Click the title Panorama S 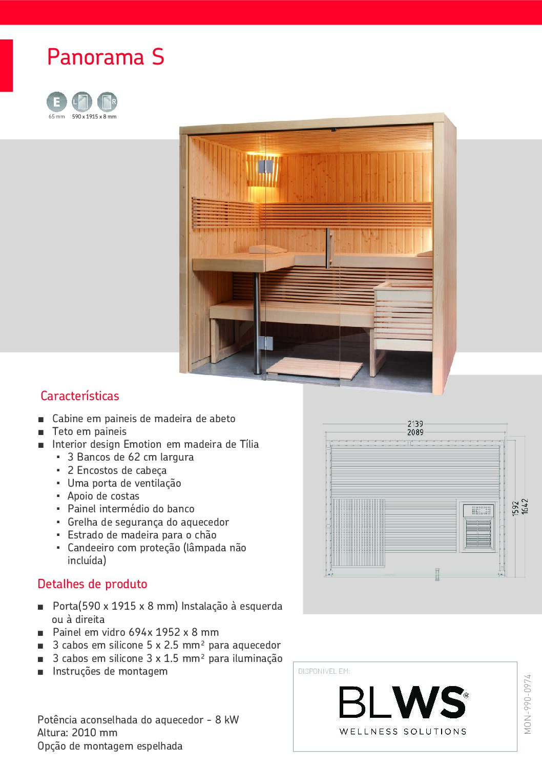106,57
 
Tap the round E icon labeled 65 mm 56,101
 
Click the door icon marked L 82,101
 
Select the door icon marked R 107,101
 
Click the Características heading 80,396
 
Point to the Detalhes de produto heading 92,584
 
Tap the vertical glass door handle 328,248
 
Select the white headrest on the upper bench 268,248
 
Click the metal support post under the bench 257,323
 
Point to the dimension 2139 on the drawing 415,424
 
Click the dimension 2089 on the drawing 415,432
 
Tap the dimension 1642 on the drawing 525,506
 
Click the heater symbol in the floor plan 477,526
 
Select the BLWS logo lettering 403,702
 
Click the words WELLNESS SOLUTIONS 403,732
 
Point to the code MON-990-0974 528,704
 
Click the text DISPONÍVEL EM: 324,671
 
